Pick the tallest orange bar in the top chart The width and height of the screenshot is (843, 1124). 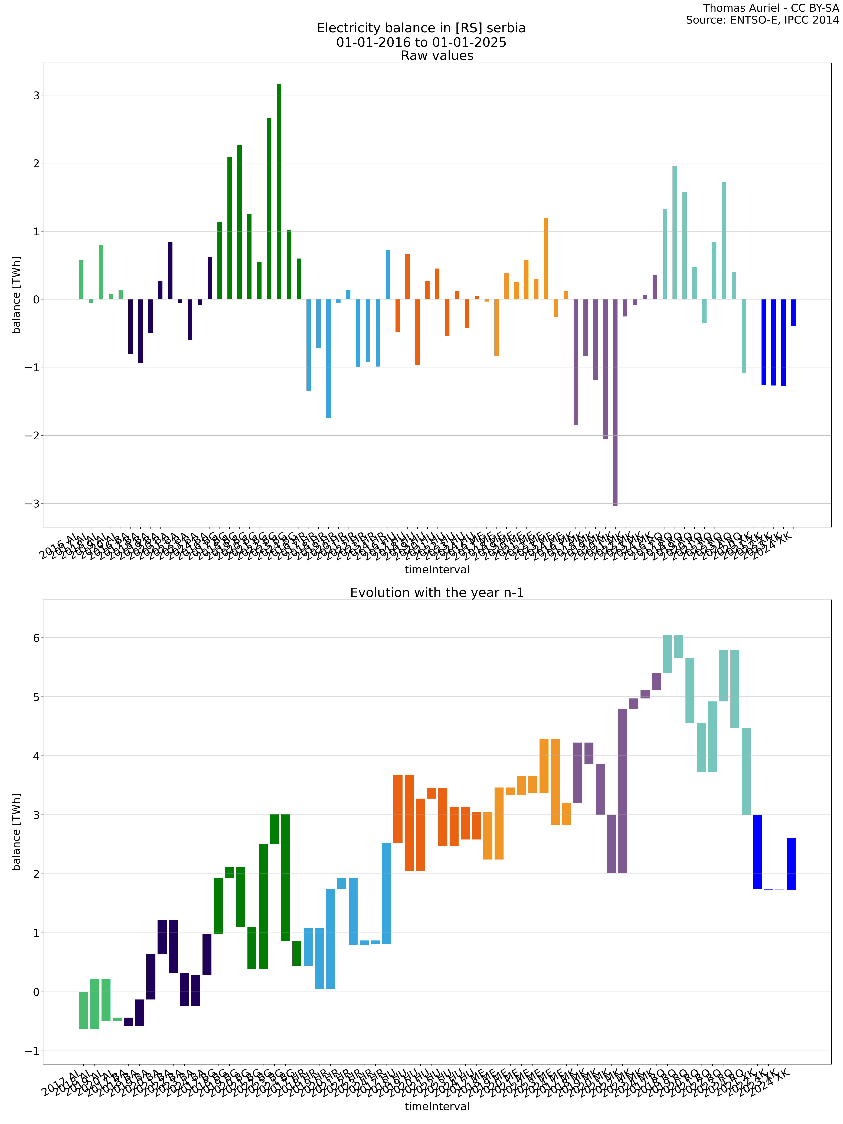[x=546, y=259]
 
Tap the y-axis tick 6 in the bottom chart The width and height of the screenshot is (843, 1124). [x=36, y=638]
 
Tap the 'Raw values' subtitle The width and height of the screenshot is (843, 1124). [x=437, y=56]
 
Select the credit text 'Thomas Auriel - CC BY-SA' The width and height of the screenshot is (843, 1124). [x=771, y=8]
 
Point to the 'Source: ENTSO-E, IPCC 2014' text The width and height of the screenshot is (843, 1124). [x=762, y=20]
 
